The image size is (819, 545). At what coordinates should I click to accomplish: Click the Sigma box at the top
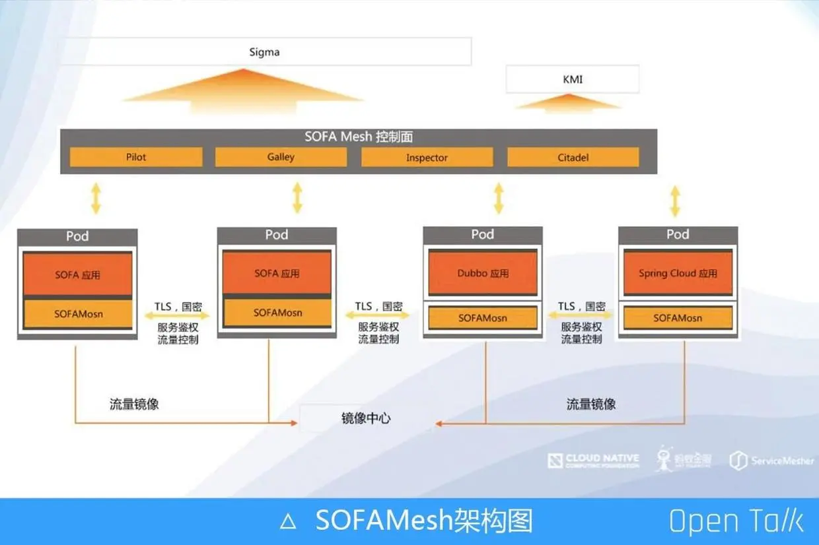click(x=265, y=51)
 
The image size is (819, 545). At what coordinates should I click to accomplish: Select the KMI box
click(x=572, y=79)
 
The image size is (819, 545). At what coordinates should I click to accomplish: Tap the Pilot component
click(x=136, y=157)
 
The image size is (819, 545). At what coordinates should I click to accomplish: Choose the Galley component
click(x=281, y=157)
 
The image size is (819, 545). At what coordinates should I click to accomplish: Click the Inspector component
click(x=427, y=158)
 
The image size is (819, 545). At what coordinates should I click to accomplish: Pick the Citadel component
click(x=573, y=158)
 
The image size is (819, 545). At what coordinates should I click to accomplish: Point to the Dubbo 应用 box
click(x=483, y=272)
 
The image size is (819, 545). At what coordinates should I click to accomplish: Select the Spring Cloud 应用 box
click(x=678, y=272)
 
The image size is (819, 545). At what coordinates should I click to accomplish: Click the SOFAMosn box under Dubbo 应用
click(x=483, y=318)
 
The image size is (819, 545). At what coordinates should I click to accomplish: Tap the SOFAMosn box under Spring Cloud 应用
click(x=678, y=318)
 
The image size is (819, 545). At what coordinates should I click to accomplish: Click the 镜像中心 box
click(x=365, y=418)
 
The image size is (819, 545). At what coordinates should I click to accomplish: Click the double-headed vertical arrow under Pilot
click(x=96, y=199)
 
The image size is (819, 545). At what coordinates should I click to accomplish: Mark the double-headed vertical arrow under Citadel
click(x=674, y=201)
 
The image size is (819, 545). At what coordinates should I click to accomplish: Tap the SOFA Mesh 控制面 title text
click(x=359, y=137)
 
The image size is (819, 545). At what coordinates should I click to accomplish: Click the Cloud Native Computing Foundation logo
click(x=593, y=460)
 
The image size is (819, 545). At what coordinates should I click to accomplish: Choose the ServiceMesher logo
click(x=771, y=461)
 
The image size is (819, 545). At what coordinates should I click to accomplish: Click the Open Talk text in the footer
click(x=736, y=521)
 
